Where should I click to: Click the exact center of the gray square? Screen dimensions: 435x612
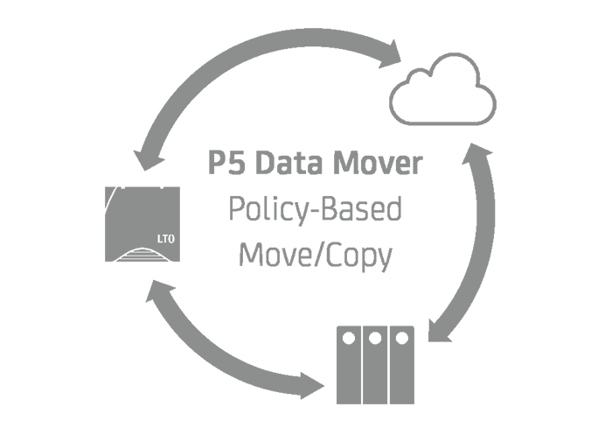301,216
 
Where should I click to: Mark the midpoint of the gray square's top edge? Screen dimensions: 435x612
301,28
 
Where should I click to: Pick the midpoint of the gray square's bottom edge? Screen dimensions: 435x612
301,403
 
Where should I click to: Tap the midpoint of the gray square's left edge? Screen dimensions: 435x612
105,216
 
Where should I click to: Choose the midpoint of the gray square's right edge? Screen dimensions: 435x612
496,216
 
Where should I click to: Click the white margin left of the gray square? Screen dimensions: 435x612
52,216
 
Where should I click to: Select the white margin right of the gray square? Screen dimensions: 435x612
553,216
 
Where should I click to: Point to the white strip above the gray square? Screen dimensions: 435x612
301,13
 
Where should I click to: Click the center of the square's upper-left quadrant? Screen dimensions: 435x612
203,122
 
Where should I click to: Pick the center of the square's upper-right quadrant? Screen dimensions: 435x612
399,122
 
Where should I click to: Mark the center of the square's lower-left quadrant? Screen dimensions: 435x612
203,310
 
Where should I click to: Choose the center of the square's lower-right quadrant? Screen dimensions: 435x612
399,310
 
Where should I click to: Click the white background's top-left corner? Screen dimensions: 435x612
0,0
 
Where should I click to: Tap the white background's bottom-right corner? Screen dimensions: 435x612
611,434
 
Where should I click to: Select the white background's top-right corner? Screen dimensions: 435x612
611,0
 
